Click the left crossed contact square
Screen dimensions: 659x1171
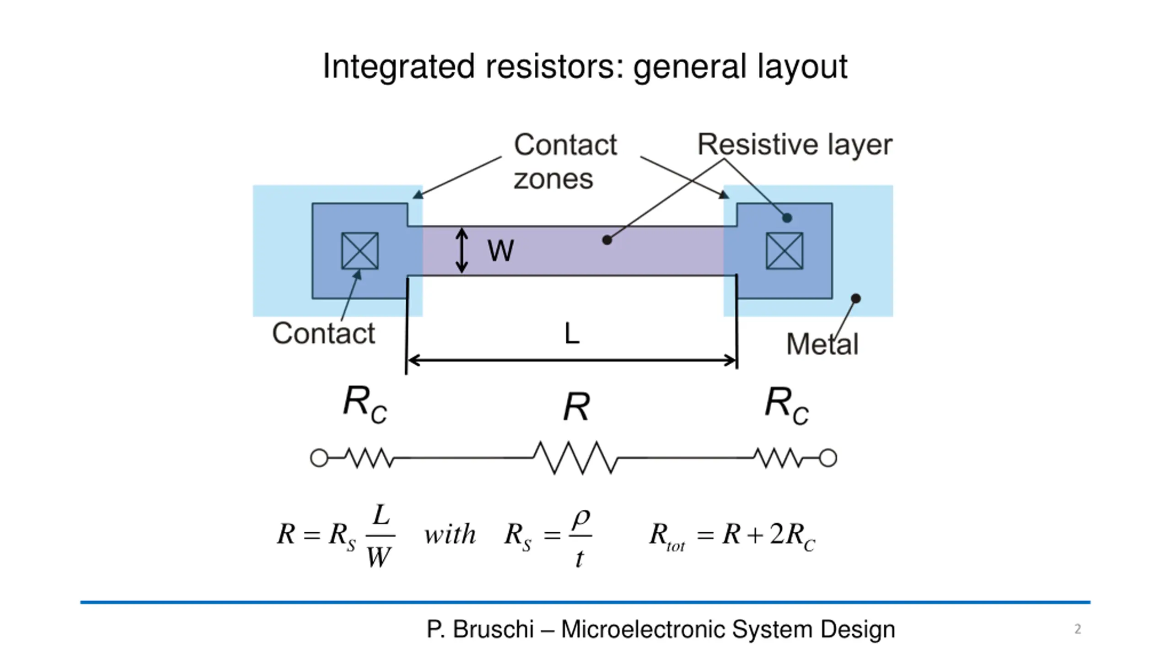click(360, 251)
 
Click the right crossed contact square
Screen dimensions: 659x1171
click(784, 251)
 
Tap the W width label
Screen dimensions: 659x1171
click(500, 251)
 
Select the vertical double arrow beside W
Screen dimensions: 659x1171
click(462, 251)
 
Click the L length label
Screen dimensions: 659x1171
click(572, 333)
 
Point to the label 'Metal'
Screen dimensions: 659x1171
click(822, 344)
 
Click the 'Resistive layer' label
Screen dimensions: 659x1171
click(795, 145)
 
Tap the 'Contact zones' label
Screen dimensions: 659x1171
click(565, 161)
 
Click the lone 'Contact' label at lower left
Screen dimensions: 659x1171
click(323, 333)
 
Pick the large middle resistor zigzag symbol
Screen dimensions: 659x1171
click(575, 458)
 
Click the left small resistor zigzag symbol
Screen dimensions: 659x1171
click(369, 458)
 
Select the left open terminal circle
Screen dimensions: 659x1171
click(319, 458)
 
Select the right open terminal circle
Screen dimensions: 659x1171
click(828, 458)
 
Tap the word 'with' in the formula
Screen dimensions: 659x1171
click(450, 535)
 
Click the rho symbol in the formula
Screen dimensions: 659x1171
click(581, 519)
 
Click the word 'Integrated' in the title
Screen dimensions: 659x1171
click(398, 67)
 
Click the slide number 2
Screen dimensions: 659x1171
click(1078, 629)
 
